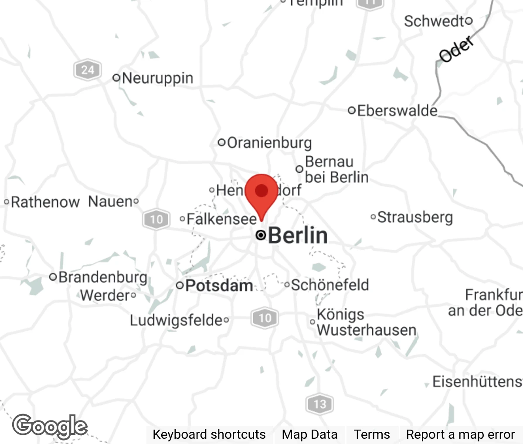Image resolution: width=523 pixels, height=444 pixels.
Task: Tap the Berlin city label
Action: (x=298, y=235)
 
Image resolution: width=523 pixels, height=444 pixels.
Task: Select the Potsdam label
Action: (x=219, y=286)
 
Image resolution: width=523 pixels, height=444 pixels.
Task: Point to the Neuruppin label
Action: (x=157, y=78)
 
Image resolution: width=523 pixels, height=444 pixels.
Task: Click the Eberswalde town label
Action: (x=397, y=111)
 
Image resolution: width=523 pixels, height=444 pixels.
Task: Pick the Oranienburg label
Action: (x=269, y=142)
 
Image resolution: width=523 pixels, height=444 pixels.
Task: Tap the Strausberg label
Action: (x=414, y=217)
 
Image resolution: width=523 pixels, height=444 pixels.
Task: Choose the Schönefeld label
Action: (x=330, y=285)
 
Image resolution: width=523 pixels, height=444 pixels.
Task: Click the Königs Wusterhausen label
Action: (x=365, y=322)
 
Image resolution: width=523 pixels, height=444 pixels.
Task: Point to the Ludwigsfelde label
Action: (x=176, y=320)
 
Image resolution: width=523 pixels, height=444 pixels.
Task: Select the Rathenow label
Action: (x=45, y=202)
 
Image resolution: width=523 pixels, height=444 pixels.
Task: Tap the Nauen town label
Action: (x=110, y=201)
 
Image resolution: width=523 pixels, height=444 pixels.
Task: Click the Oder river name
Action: (x=456, y=49)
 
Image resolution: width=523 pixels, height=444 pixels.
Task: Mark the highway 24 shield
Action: (x=87, y=70)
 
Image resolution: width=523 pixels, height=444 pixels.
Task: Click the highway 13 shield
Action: (x=319, y=404)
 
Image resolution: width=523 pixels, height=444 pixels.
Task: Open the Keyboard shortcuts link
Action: (x=209, y=434)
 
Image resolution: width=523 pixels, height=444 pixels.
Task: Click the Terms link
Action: (x=372, y=434)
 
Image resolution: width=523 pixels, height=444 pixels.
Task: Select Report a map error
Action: (x=460, y=434)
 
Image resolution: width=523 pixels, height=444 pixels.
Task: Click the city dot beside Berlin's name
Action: (x=261, y=235)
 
